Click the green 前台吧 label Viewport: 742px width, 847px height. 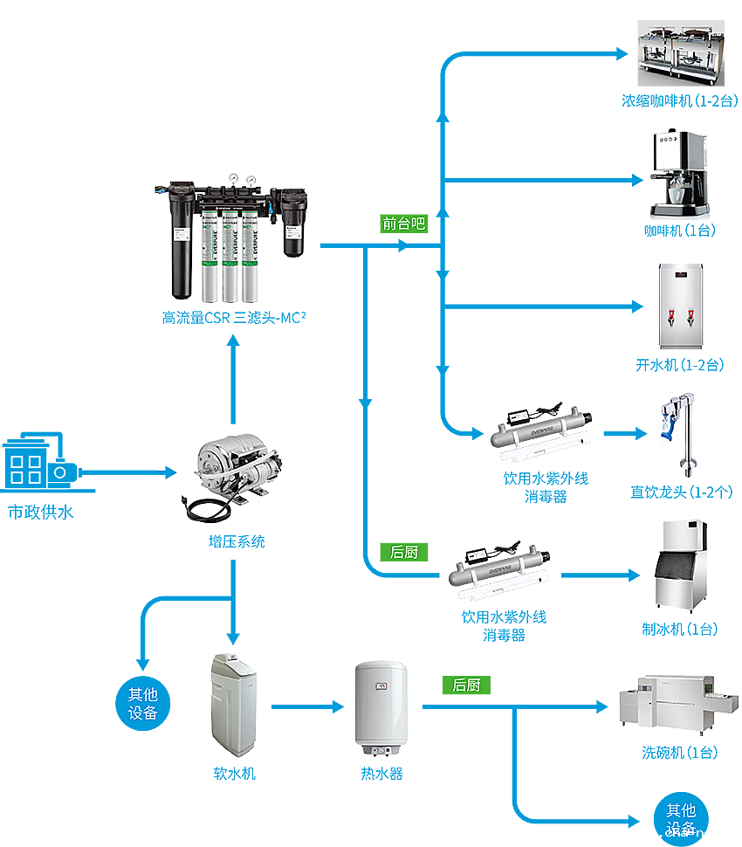[402, 224]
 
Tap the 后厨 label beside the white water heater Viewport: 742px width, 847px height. [466, 685]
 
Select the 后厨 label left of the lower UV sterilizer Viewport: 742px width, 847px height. [404, 552]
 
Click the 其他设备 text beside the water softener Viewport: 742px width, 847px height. [142, 703]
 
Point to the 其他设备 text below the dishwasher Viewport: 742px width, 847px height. [681, 819]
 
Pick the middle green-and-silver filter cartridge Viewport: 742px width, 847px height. [230, 258]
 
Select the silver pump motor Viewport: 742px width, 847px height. [232, 467]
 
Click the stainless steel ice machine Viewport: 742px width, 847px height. [684, 563]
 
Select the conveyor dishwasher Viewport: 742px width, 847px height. [668, 699]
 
